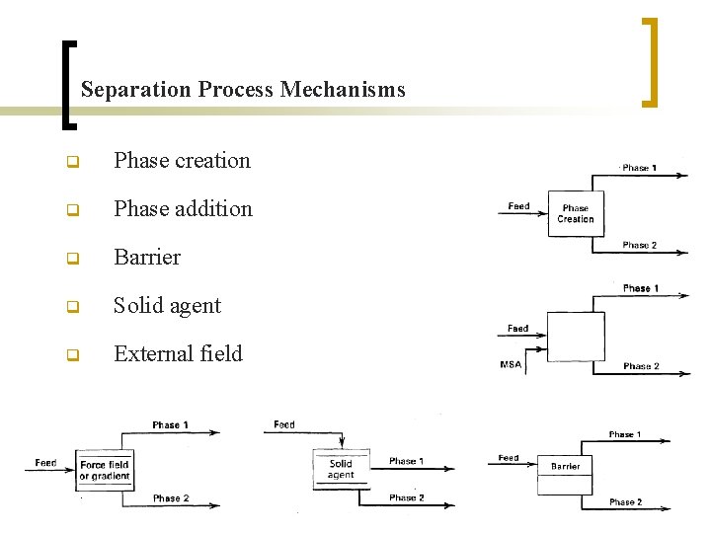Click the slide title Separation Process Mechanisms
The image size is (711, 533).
(243, 90)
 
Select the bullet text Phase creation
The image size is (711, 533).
(182, 160)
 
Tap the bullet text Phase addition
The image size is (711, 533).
(183, 208)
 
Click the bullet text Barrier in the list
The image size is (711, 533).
(147, 257)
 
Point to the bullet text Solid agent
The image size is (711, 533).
(167, 305)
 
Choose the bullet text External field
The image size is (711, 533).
(178, 353)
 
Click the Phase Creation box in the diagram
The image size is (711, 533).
(575, 213)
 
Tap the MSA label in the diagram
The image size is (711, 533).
(511, 365)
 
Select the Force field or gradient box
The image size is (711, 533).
(105, 470)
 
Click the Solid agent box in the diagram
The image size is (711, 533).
(341, 469)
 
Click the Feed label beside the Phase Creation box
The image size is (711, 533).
(518, 206)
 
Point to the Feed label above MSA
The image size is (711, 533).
(517, 328)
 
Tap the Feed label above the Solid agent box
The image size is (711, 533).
(284, 424)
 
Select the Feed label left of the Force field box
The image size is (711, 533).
(45, 462)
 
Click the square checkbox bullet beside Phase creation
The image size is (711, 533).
(72, 162)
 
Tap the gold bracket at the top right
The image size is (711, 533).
(649, 61)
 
